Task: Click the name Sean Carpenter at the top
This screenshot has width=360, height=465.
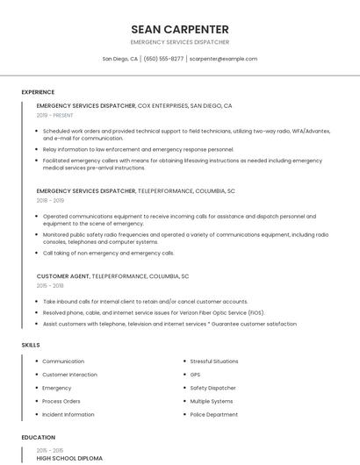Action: pyautogui.click(x=180, y=29)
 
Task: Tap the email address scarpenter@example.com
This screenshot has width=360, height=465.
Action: pyautogui.click(x=223, y=59)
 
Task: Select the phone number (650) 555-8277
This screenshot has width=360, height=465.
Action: pyautogui.click(x=164, y=59)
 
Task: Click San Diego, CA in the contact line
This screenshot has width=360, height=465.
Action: pyautogui.click(x=120, y=59)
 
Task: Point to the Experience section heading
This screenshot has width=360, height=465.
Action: pyautogui.click(x=38, y=92)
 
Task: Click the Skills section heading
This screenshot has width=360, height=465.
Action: pyautogui.click(x=31, y=345)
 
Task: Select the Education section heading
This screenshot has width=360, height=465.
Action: pyautogui.click(x=39, y=437)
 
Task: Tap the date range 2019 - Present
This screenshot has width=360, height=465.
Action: pyautogui.click(x=55, y=115)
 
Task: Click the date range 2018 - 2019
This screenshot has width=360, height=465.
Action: pyautogui.click(x=51, y=200)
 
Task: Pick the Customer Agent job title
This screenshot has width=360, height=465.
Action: pyautogui.click(x=63, y=276)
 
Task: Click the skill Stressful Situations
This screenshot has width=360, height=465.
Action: pyautogui.click(x=214, y=361)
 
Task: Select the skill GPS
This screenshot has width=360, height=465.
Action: pyautogui.click(x=195, y=375)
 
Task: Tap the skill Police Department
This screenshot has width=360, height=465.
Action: pyautogui.click(x=214, y=414)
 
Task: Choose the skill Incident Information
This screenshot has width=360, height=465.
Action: pyautogui.click(x=68, y=414)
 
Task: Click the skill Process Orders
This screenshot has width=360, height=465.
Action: pyautogui.click(x=61, y=401)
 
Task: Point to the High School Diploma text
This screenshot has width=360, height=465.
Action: pyautogui.click(x=69, y=458)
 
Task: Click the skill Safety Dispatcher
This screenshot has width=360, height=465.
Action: pyautogui.click(x=212, y=388)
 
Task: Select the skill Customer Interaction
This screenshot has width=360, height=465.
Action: pyautogui.click(x=69, y=375)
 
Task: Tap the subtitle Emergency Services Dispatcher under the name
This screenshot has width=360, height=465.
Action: pyautogui.click(x=180, y=42)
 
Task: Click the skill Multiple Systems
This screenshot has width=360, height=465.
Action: pyautogui.click(x=212, y=401)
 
